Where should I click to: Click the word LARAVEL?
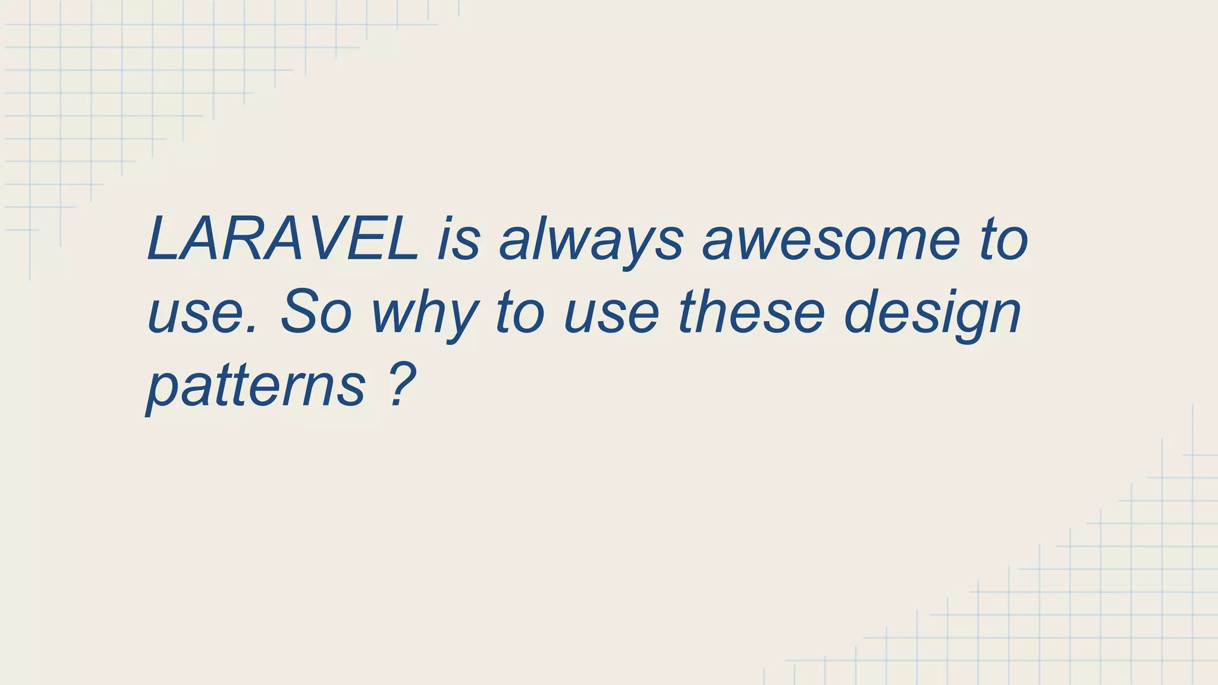(x=283, y=239)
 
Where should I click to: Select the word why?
(x=425, y=315)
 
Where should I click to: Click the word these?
(x=752, y=312)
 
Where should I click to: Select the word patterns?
(x=256, y=387)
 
